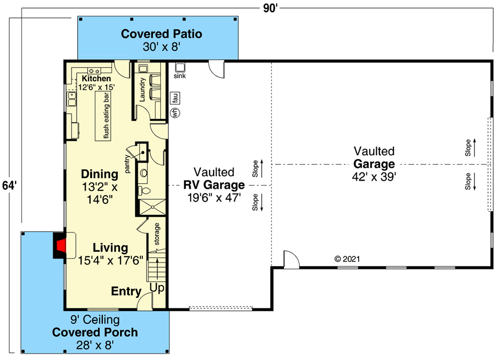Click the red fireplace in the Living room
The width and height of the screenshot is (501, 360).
61,245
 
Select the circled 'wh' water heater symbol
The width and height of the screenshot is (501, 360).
175,113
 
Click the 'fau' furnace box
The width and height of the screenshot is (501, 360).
175,98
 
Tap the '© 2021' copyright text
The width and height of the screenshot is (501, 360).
347,259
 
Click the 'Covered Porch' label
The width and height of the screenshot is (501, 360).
95,332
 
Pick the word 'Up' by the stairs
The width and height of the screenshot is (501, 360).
157,288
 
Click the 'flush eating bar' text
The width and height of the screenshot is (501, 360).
106,117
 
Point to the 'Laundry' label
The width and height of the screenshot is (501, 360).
142,90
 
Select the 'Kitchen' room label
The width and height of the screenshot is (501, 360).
96,79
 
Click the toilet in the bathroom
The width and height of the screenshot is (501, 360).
143,191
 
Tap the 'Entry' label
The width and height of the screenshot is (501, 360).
126,291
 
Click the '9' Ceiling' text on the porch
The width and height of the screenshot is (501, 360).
95,320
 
